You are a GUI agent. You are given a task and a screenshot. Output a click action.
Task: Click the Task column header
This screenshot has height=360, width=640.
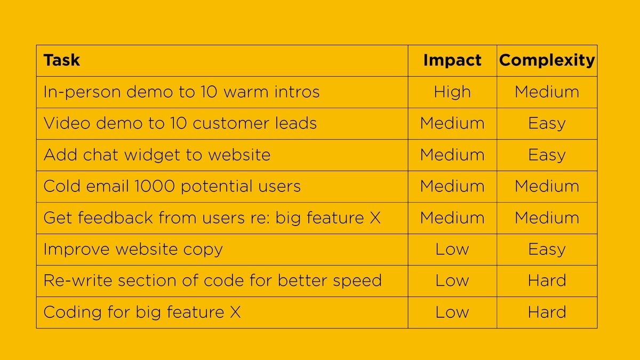(62, 60)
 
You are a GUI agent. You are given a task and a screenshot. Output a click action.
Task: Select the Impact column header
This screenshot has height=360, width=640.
(452, 61)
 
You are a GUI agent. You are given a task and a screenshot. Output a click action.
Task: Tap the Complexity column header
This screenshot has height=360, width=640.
(547, 61)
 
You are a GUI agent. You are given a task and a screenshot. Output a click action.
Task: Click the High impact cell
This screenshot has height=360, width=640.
(452, 92)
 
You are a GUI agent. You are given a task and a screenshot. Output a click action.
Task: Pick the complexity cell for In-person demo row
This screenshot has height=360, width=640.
(547, 92)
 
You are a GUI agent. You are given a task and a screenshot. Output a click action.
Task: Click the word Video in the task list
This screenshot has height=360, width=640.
(67, 123)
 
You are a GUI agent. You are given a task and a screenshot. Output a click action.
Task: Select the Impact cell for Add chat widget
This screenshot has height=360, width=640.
(452, 155)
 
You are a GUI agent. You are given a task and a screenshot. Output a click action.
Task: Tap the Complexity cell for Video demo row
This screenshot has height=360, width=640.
(547, 124)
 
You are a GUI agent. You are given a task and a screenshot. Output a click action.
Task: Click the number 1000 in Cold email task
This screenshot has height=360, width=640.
(154, 186)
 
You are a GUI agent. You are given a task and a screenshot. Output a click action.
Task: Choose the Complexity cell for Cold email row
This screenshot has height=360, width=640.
(547, 186)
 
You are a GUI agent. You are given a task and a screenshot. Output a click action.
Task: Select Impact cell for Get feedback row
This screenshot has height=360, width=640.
(452, 218)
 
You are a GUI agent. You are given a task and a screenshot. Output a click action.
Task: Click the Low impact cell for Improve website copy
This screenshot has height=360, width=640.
(452, 249)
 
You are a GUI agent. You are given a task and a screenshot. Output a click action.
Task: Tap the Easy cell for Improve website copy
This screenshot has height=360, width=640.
(547, 250)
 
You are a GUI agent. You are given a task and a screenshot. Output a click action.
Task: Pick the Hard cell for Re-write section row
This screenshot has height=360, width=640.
(547, 281)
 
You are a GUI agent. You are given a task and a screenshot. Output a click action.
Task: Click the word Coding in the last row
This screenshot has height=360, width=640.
(73, 313)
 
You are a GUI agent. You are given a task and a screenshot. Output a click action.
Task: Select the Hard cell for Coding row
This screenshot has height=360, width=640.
(547, 311)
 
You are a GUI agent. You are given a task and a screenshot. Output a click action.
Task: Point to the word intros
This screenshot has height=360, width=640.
(297, 92)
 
